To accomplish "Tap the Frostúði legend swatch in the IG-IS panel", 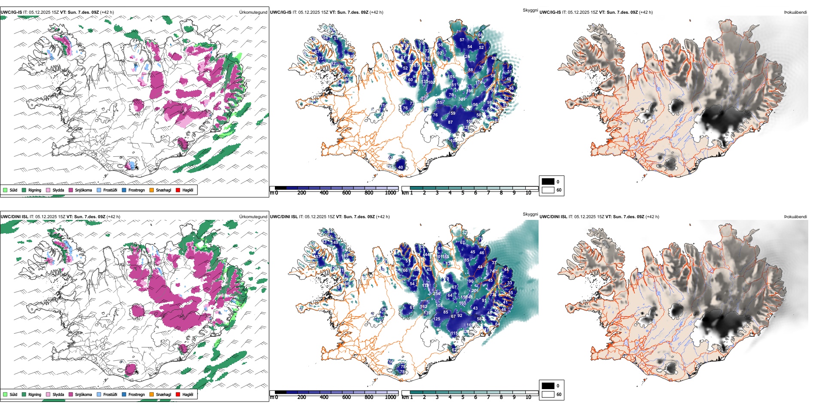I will pos(99,190).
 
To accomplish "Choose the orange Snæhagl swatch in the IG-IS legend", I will pos(152,190).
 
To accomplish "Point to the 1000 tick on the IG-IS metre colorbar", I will pos(390,193).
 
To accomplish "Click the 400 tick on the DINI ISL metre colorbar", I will pos(324,397).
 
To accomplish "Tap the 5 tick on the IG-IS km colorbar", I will pos(463,193).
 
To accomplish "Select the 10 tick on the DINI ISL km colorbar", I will pos(528,397).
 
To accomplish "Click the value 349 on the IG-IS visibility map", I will pos(462,99).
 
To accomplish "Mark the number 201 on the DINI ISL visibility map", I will pos(475,291).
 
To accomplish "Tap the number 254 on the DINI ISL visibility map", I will pos(436,294).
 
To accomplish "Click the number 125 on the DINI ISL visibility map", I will pos(436,319).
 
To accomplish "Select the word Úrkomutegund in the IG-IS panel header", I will pos(253,12).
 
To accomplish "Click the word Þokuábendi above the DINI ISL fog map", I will pos(795,217).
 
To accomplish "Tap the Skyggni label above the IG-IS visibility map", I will pos(530,10).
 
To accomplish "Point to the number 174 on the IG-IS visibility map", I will pos(479,82).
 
